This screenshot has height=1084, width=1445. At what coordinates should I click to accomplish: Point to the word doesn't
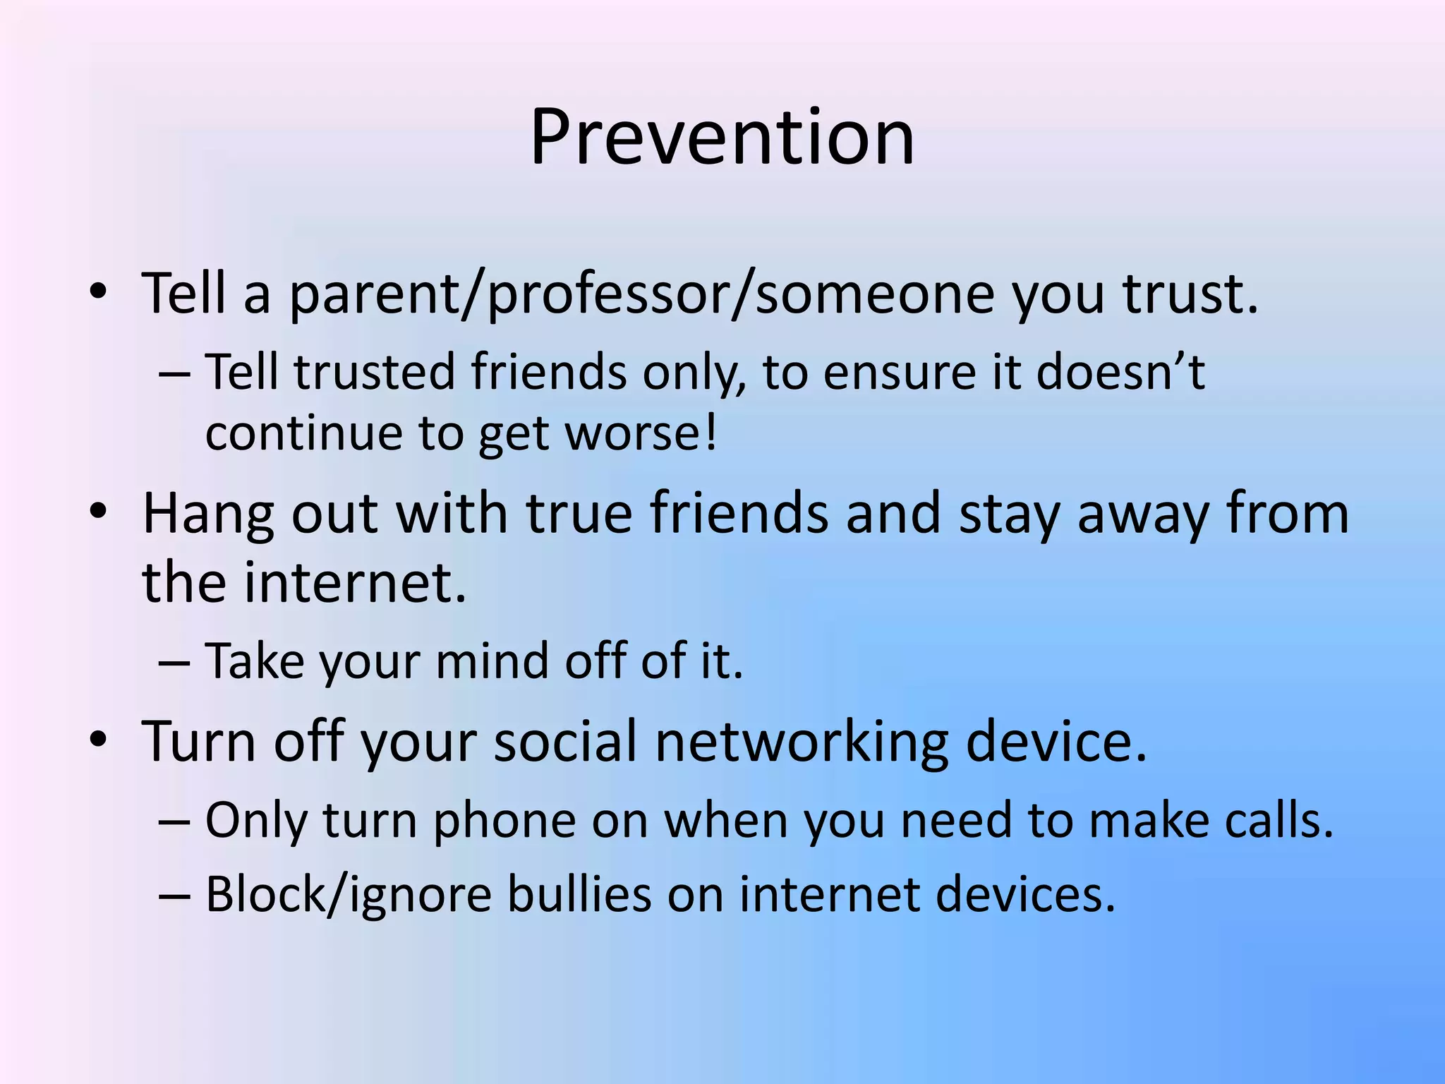(1120, 372)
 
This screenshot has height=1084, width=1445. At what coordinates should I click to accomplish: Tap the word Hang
(207, 514)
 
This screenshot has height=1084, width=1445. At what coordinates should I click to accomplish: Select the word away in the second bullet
(1142, 514)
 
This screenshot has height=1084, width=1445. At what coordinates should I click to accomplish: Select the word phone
(504, 821)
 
